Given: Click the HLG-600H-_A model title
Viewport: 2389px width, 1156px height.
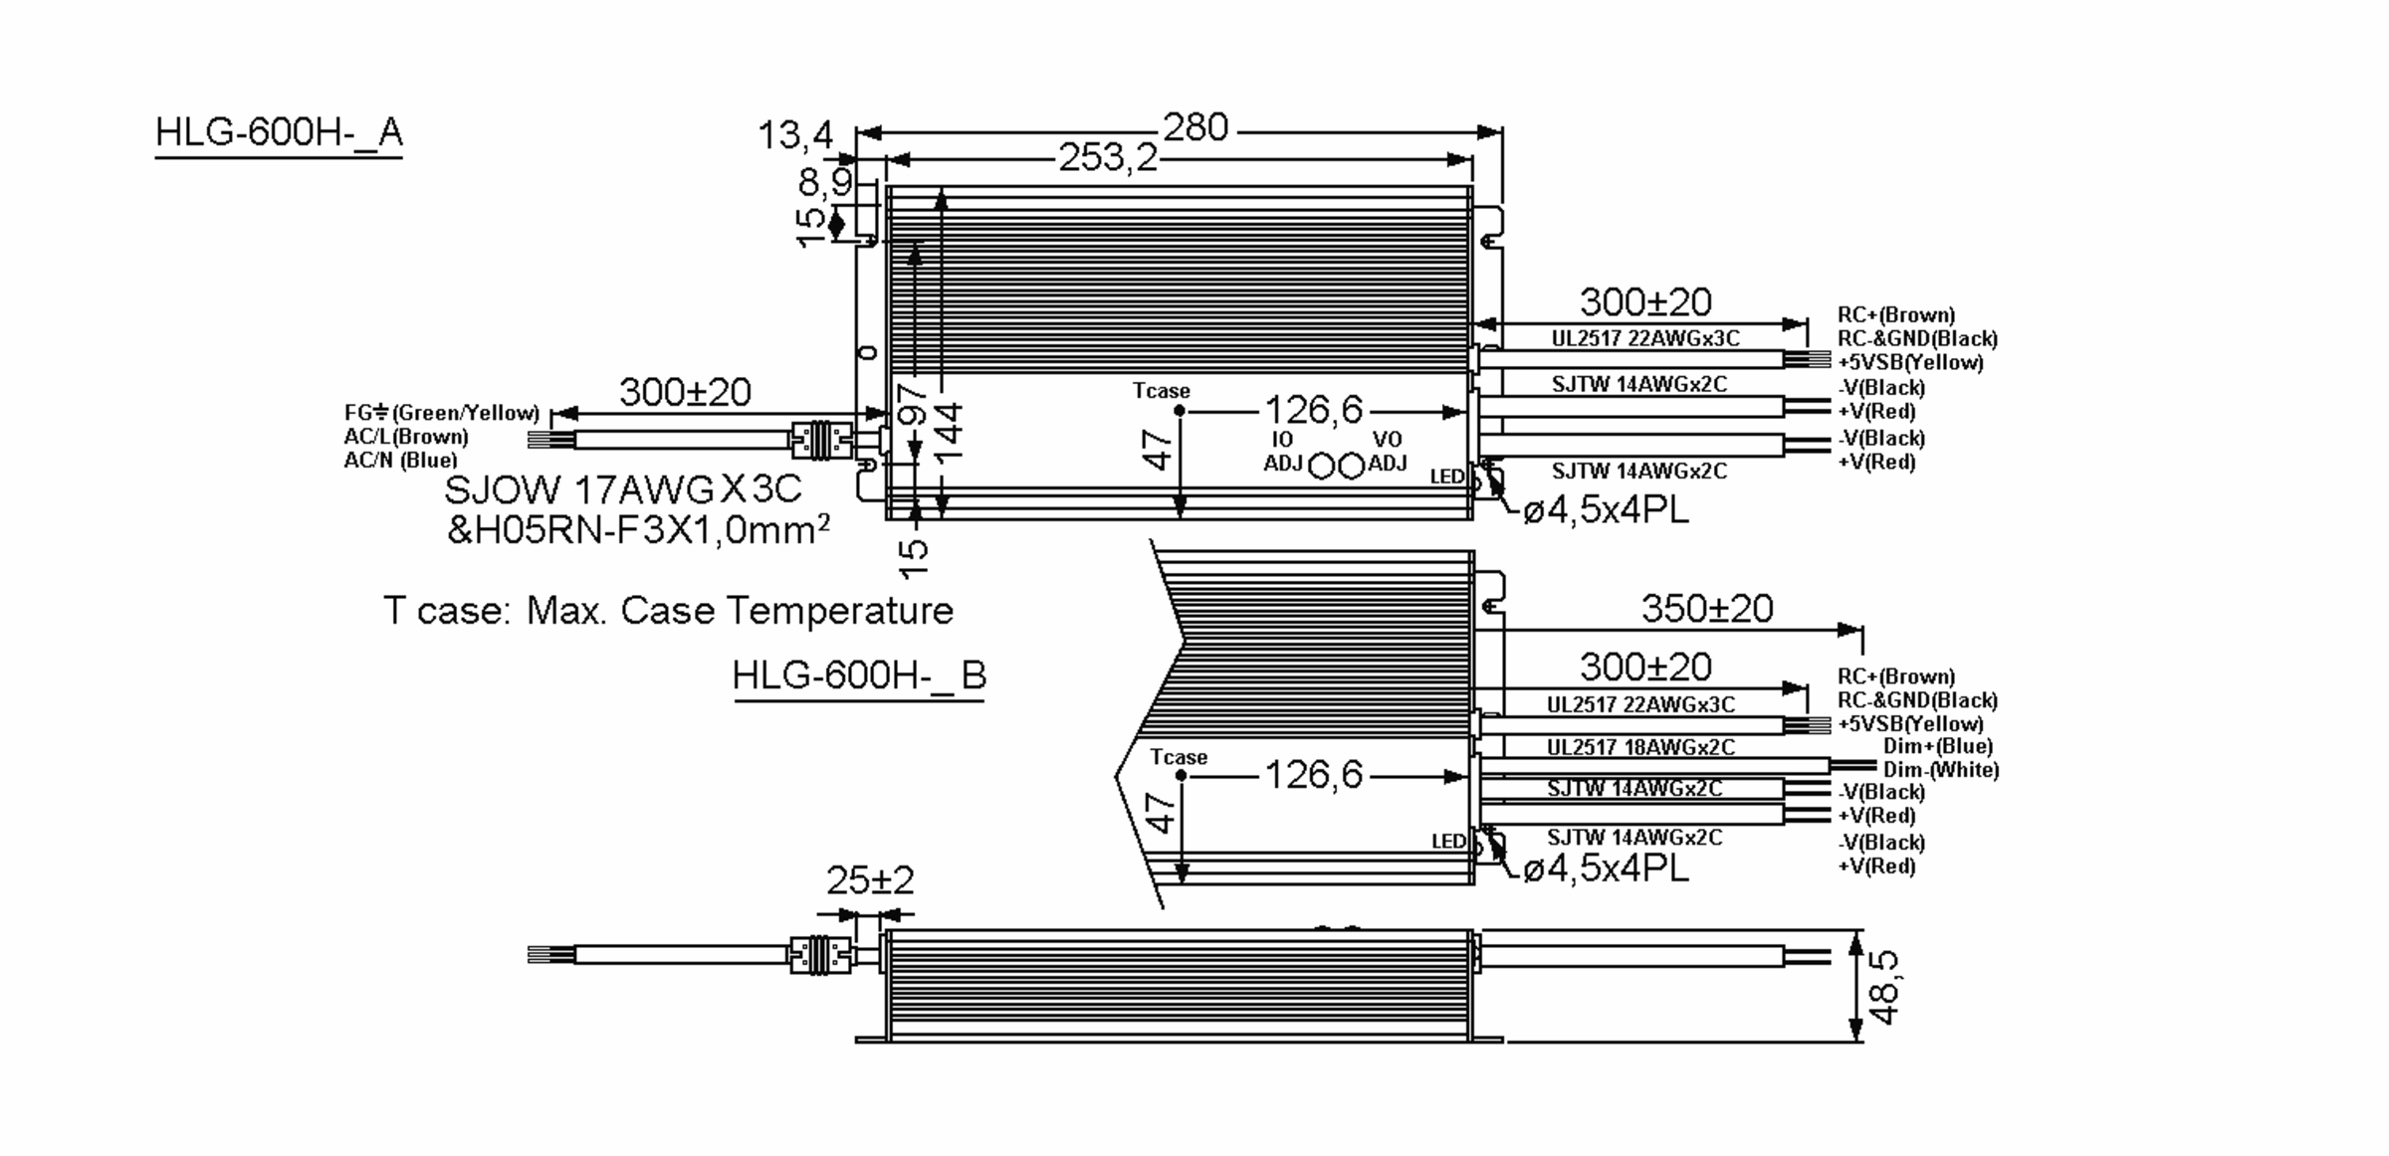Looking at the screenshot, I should point(279,132).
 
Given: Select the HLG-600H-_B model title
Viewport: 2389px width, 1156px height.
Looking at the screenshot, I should point(859,675).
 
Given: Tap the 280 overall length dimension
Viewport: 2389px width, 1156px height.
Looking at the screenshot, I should point(1195,127).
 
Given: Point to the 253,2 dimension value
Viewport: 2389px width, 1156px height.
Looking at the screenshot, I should point(1108,157).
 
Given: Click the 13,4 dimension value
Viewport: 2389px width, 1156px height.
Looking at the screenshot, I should point(794,135).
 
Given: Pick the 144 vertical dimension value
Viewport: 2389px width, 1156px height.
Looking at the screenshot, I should point(950,431).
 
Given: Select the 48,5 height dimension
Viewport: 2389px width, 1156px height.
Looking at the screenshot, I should point(1884,987).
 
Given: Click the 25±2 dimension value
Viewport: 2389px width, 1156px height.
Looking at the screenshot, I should point(869,880).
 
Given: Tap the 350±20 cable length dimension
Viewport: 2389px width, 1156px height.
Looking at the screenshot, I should point(1707,609).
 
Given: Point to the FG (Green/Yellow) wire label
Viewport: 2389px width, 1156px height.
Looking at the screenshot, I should point(441,413).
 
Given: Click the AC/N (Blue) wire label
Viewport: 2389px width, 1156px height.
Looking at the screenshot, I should point(400,460).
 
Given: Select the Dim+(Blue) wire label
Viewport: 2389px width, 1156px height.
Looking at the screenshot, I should point(1937,746).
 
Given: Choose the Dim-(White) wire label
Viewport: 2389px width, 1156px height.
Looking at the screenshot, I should point(1940,770).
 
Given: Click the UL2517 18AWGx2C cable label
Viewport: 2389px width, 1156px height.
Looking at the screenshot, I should point(1640,747).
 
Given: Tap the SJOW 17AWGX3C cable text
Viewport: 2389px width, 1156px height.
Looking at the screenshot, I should point(622,489).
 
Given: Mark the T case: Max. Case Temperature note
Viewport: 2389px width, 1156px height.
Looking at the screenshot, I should point(668,610).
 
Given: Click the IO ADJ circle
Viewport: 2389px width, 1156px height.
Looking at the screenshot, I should point(1321,466).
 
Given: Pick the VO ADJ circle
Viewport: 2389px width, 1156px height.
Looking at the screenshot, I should point(1351,466).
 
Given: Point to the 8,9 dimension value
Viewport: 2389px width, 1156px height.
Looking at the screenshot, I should point(825,182).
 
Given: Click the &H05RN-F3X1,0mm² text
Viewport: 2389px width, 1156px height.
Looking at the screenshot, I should point(637,530).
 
